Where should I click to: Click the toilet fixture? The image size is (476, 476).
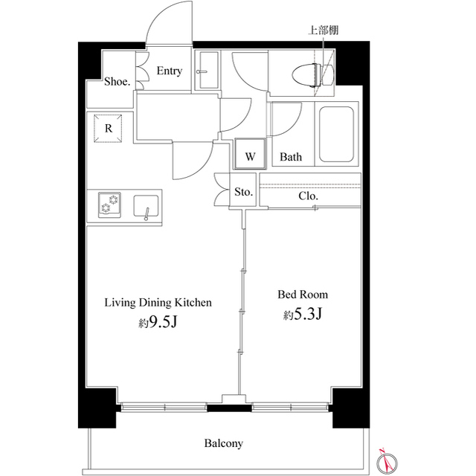306,75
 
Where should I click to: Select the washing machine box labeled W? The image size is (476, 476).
251,156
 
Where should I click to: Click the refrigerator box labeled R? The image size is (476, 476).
109,129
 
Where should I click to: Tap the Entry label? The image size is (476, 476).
170,71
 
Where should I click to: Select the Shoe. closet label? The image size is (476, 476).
117,82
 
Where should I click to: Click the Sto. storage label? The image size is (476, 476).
244,192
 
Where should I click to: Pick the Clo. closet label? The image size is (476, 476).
309,196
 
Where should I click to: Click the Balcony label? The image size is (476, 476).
223,443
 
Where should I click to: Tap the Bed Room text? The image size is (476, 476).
303,295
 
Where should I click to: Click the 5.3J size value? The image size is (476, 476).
307,315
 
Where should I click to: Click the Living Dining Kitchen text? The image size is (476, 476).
158,303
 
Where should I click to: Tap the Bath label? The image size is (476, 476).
291,157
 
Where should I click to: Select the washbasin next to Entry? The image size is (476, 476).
206,72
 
